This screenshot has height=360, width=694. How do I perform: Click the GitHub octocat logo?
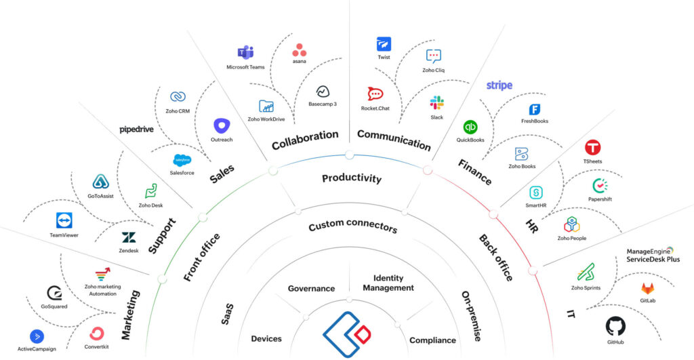click(x=615, y=326)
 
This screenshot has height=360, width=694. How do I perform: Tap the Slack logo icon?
click(x=436, y=103)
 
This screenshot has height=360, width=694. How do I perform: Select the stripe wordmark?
click(x=499, y=85)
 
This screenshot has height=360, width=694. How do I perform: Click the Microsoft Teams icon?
click(x=245, y=53)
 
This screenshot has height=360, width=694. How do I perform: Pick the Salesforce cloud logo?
click(x=182, y=160)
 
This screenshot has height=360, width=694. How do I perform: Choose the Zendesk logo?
click(x=128, y=237)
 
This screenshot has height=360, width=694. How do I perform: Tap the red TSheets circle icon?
click(x=593, y=147)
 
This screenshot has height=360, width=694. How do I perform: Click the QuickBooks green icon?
click(x=470, y=127)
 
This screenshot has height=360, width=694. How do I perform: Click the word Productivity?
click(x=351, y=178)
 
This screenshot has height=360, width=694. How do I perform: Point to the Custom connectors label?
click(x=352, y=226)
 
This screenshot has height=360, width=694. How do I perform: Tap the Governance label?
click(x=311, y=288)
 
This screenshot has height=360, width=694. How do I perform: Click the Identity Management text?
click(x=388, y=283)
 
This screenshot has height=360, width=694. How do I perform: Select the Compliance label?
click(x=432, y=340)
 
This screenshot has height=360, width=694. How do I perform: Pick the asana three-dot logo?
click(x=300, y=50)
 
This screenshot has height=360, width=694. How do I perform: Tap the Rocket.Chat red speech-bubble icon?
click(x=375, y=94)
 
